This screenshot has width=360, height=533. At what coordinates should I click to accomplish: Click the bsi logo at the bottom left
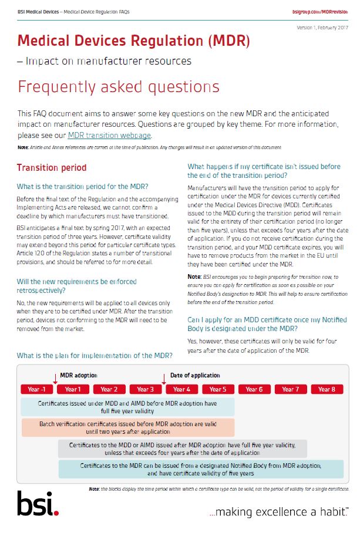click(x=38, y=503)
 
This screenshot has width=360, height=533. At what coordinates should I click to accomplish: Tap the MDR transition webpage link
click(x=109, y=135)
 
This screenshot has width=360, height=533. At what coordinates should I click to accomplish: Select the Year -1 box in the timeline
click(x=37, y=389)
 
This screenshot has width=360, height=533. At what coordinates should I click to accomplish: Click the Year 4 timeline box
click(x=181, y=389)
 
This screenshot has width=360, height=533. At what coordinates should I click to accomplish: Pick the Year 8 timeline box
click(x=327, y=389)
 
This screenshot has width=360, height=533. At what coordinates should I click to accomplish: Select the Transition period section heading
click(x=52, y=168)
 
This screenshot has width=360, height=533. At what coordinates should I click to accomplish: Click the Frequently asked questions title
click(x=119, y=87)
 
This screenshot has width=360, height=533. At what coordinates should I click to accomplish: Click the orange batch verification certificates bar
click(x=128, y=427)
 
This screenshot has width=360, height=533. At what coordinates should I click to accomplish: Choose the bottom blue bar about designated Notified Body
click(x=201, y=469)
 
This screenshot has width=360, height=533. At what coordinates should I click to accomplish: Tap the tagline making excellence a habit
click(x=279, y=512)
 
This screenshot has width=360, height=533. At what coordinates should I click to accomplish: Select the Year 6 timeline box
click(x=254, y=389)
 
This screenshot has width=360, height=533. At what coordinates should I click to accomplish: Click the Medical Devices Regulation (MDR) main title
click(x=134, y=41)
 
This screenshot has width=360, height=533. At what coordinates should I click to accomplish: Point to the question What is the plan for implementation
click(x=95, y=355)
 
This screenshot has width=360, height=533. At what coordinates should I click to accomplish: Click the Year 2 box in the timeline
click(x=109, y=389)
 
